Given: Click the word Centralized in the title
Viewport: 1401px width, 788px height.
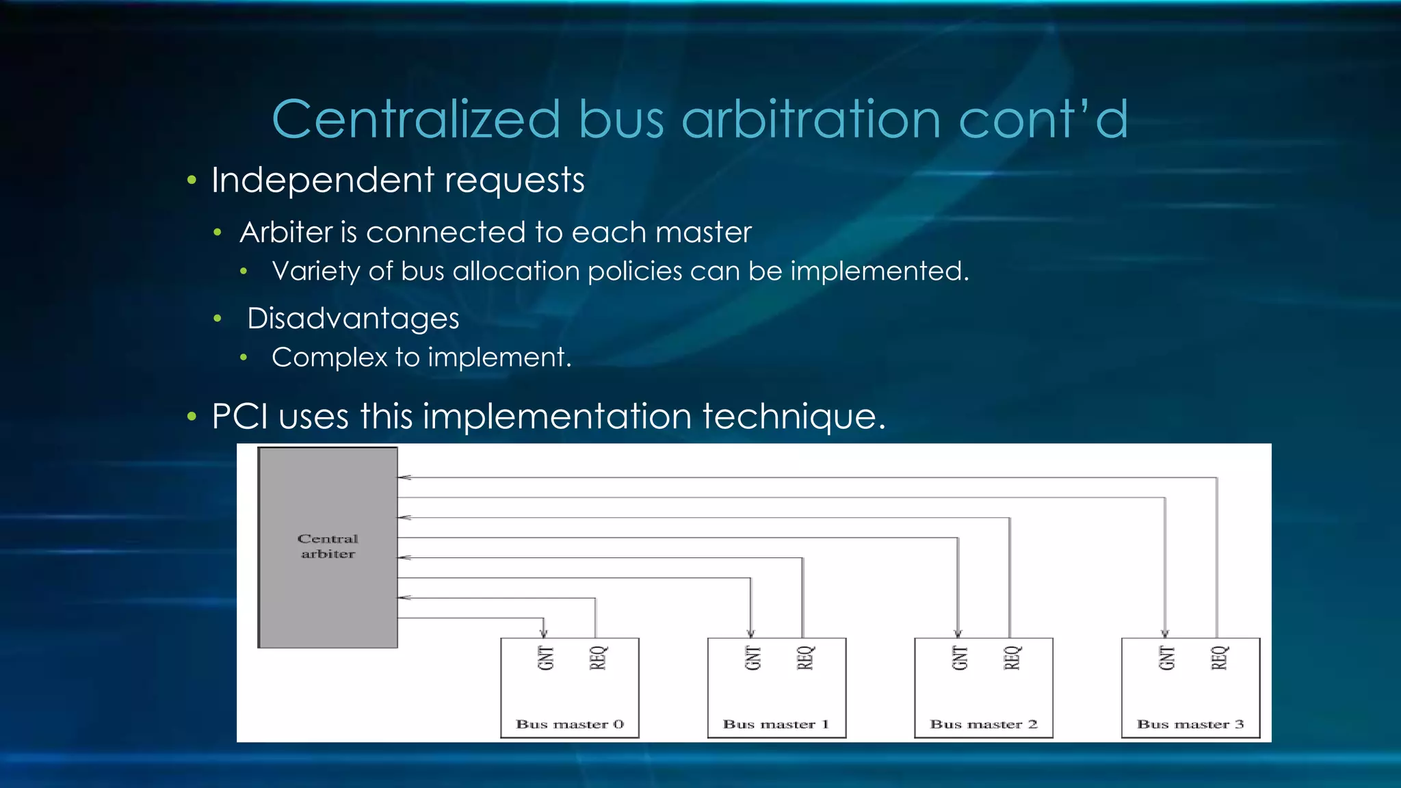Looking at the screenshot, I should (416, 120).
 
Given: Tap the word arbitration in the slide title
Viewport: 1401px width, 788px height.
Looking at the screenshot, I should (811, 120).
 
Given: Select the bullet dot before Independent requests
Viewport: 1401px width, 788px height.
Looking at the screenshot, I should (192, 181).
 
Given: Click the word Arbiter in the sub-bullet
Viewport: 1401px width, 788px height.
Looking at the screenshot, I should (286, 233).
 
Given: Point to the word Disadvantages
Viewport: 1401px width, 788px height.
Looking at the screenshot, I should (353, 319).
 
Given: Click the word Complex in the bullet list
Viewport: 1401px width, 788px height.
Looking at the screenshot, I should (329, 358).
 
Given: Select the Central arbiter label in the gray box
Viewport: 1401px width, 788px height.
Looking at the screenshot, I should (328, 547).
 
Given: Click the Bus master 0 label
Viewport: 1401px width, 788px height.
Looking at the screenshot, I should (569, 724).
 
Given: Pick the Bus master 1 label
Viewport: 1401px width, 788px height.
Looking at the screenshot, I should (776, 724).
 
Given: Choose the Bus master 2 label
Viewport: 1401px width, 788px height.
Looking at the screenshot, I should (983, 724).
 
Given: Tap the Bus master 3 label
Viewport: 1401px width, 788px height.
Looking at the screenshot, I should (1190, 724).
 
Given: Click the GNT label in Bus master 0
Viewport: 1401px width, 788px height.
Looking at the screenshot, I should (545, 658).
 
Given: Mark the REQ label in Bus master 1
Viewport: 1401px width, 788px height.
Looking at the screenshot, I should (805, 658).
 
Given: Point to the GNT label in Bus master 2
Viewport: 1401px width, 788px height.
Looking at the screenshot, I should (960, 658).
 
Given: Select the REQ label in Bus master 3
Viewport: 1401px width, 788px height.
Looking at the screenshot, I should (1219, 658).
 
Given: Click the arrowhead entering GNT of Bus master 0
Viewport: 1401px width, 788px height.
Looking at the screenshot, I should (544, 633).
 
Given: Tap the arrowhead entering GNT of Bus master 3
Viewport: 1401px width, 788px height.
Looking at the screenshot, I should (1165, 633).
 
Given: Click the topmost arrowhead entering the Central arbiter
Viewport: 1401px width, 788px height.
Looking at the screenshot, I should (404, 477).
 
